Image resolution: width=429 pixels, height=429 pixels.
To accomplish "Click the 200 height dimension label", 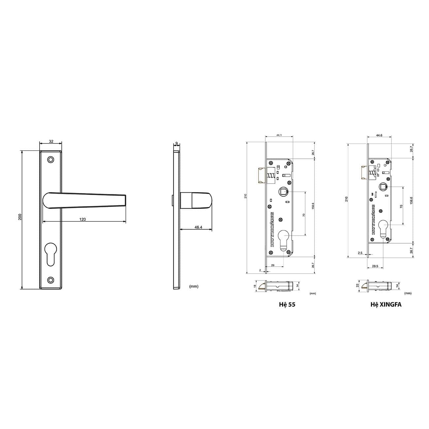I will coord(20,217).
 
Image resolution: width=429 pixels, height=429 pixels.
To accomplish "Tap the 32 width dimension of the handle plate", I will coord(51,141).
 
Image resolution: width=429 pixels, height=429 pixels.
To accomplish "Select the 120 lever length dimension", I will coord(82,219).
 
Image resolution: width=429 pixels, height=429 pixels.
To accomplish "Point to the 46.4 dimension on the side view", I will coord(198,227).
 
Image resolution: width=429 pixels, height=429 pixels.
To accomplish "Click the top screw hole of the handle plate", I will coord(50,159).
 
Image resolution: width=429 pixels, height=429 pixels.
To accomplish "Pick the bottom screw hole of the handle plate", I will coord(50,280).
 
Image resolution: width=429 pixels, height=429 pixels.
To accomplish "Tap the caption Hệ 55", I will coord(287,305).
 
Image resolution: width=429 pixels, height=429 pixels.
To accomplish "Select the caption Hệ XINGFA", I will coord(386,305).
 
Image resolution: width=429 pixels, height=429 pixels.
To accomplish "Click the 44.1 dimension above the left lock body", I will coord(279,135).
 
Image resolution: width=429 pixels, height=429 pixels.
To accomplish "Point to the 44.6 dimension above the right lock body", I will coord(379,135).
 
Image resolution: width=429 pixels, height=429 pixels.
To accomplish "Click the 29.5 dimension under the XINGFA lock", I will coord(375,266).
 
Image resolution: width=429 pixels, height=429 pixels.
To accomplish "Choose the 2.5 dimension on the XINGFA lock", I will coord(360,253).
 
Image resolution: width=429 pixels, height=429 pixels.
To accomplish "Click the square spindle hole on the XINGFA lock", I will coord(383,187).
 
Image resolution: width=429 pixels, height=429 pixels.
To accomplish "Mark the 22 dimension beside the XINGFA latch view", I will coord(357,286).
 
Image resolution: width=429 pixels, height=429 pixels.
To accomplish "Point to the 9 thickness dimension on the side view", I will coord(177,143).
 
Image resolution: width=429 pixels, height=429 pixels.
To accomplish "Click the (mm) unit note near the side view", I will coord(194,286).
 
